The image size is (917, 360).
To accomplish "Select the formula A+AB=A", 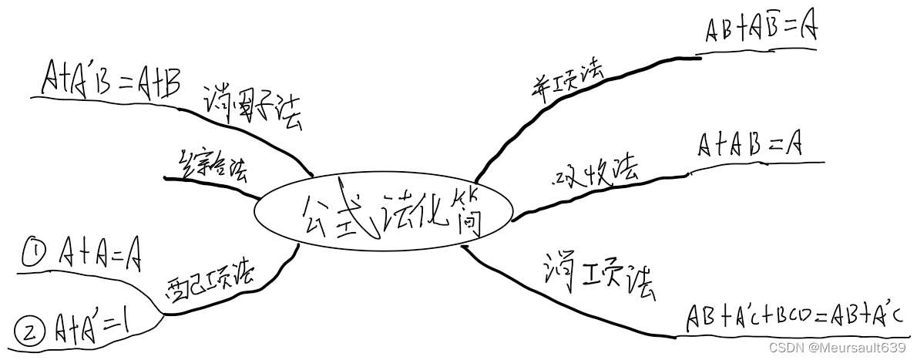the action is click(749, 144).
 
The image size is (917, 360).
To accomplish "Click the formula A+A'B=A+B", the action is click(111, 79).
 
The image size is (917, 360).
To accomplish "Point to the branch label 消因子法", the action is click(253, 109).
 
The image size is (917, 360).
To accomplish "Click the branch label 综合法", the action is click(213, 164).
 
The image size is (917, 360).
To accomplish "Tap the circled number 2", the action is click(29, 332).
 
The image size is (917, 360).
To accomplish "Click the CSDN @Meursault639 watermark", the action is click(851, 348).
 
